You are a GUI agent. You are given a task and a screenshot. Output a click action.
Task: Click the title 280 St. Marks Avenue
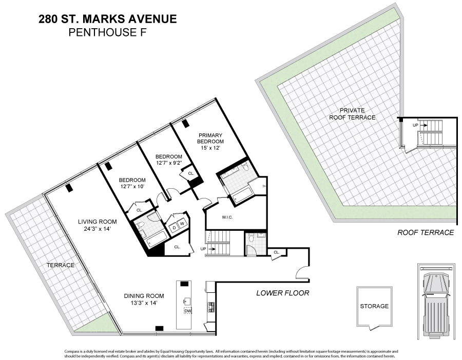pyautogui.click(x=108, y=19)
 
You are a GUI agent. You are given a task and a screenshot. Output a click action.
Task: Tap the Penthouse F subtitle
pyautogui.click(x=108, y=32)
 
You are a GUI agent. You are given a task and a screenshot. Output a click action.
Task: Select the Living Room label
pyautogui.click(x=97, y=222)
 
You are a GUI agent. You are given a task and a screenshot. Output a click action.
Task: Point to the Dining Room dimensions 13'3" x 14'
pyautogui.click(x=144, y=303)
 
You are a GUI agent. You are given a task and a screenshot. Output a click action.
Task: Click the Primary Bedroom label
pyautogui.click(x=210, y=138)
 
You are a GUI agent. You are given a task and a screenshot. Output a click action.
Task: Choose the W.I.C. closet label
pyautogui.click(x=227, y=217)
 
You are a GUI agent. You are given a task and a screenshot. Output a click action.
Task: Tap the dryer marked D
pyautogui.click(x=174, y=228)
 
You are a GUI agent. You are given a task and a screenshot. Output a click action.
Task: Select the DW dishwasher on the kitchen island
pyautogui.click(x=188, y=311)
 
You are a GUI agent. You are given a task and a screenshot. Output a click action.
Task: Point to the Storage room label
pyautogui.click(x=374, y=306)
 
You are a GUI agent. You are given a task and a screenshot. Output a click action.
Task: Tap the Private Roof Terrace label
pyautogui.click(x=352, y=114)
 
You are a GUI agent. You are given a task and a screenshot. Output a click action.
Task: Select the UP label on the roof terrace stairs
pyautogui.click(x=415, y=125)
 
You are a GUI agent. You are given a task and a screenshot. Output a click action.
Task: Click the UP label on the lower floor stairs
pyautogui.click(x=203, y=249)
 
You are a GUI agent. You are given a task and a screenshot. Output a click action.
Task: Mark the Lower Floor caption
pyautogui.click(x=282, y=293)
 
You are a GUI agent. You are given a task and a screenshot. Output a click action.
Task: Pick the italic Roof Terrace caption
pyautogui.click(x=426, y=232)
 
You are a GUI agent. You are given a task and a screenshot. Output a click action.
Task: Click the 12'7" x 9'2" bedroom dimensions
pyautogui.click(x=169, y=162)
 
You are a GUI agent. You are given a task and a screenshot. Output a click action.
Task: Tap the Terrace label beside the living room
pyautogui.click(x=61, y=265)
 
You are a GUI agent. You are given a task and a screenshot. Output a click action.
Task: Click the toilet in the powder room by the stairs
pyautogui.click(x=251, y=238)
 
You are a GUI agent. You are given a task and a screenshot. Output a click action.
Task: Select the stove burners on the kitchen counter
pyautogui.click(x=211, y=307)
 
